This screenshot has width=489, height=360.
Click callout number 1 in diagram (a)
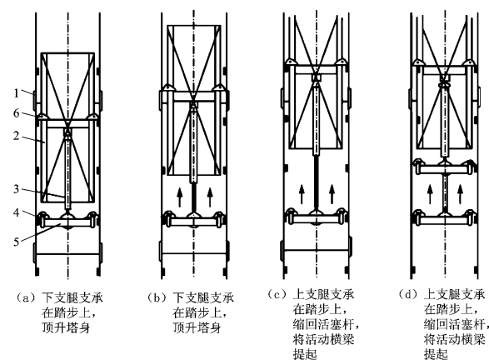click(x=16, y=93)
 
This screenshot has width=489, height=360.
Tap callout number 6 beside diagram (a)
click(x=16, y=113)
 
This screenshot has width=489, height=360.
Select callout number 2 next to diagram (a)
click(x=16, y=136)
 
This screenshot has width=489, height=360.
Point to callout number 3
click(x=16, y=189)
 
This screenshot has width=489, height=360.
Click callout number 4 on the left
click(x=16, y=212)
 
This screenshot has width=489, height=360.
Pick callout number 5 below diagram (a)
click(x=16, y=242)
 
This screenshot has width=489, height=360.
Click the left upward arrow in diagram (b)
click(x=180, y=197)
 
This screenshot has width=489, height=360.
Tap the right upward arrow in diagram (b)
click(x=210, y=197)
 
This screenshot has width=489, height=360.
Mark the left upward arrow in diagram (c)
click(x=302, y=194)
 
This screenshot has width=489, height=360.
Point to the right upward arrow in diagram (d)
click(x=460, y=194)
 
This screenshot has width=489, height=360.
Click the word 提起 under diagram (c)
click(x=305, y=354)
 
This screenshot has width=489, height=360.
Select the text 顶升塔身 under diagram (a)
click(x=66, y=327)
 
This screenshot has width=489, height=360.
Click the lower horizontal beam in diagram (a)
click(x=68, y=222)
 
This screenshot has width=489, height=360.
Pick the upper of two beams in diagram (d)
click(x=445, y=168)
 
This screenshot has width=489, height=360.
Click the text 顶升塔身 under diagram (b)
click(x=197, y=327)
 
